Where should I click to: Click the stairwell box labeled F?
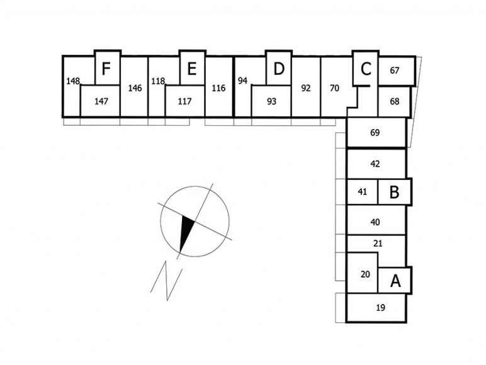(106, 67)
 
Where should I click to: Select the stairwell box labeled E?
(192, 67)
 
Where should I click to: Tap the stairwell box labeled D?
(278, 67)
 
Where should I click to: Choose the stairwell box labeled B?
(394, 191)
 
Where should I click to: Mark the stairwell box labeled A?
(395, 280)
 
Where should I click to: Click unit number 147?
(101, 101)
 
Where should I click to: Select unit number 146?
(134, 88)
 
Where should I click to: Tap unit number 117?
(185, 101)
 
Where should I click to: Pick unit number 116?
(218, 88)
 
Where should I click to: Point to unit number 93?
(272, 101)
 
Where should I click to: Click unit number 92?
(306, 88)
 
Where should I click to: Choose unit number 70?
(334, 88)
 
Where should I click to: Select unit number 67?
(395, 70)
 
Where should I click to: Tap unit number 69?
(376, 133)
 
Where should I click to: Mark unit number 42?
(376, 164)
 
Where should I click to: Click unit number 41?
(362, 192)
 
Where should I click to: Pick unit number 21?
(378, 242)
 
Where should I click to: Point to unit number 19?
(380, 308)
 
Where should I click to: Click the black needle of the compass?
(186, 234)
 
